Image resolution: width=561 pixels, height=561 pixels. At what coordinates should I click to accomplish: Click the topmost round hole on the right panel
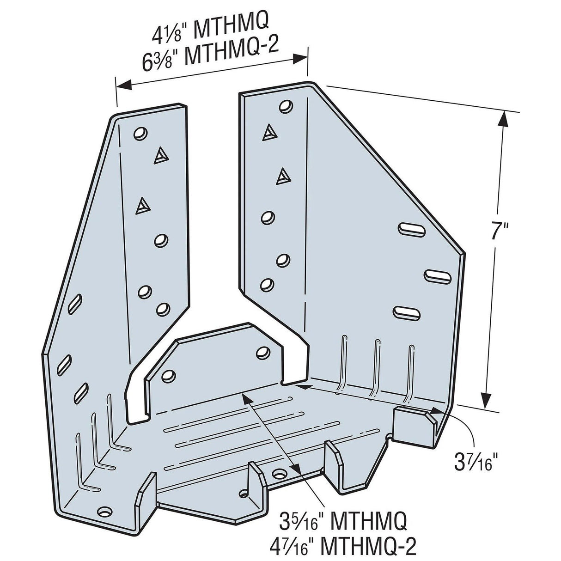(x=286, y=107)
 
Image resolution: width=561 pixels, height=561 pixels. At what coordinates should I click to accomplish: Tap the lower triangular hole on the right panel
(x=284, y=176)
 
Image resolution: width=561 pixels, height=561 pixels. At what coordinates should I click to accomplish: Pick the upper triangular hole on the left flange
(x=160, y=156)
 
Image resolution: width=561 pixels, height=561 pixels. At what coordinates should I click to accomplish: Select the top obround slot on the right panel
(x=410, y=229)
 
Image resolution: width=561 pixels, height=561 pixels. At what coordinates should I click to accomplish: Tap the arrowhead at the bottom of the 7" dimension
(x=486, y=398)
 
